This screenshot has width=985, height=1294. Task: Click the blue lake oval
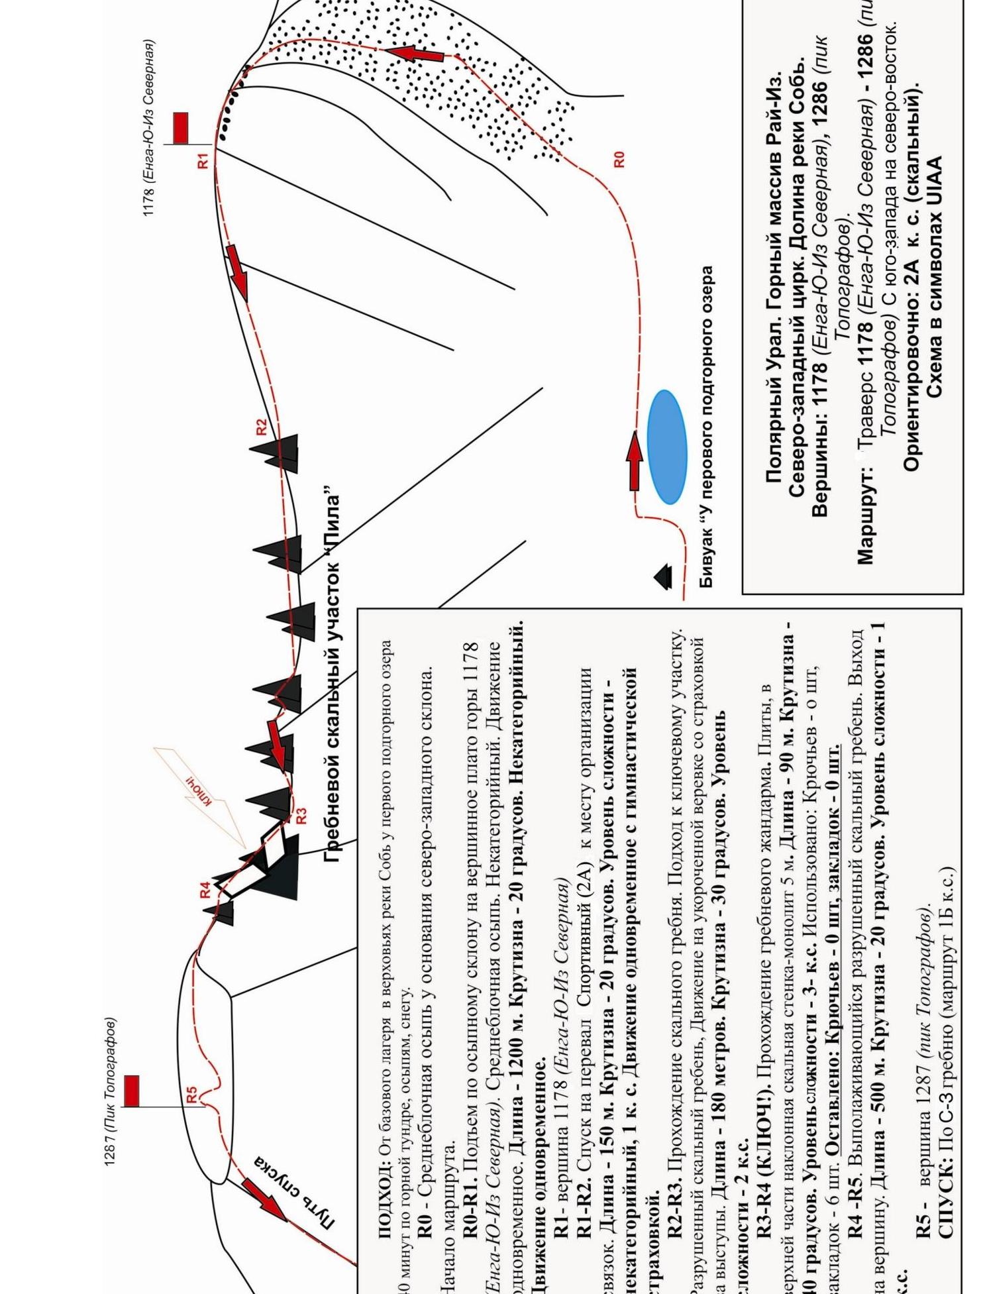[666, 447]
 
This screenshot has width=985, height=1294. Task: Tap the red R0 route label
[619, 159]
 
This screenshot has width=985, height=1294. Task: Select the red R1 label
[203, 160]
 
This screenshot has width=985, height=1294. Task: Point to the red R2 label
[261, 427]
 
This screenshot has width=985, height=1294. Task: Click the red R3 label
[301, 816]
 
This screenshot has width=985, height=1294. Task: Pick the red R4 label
[205, 889]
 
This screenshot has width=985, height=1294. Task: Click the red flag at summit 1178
[180, 128]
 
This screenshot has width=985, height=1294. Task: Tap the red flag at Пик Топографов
[132, 1091]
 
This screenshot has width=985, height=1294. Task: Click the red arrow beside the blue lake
[635, 460]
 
